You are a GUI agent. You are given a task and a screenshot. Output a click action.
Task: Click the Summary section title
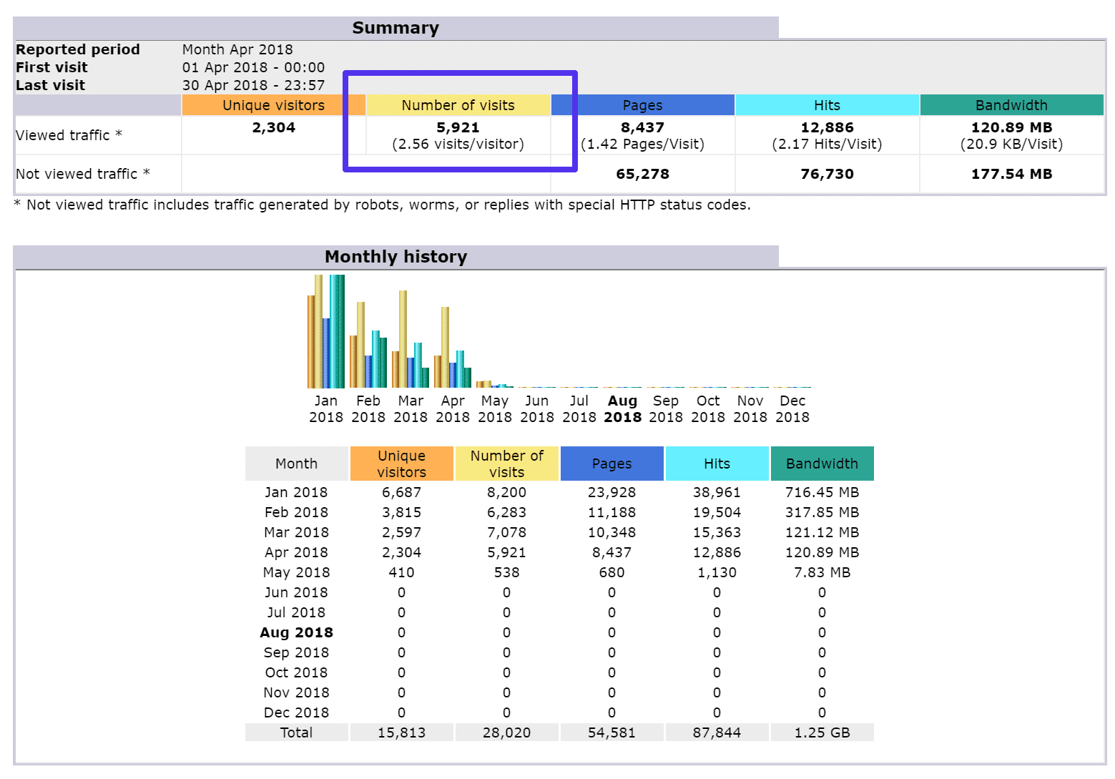click(x=396, y=28)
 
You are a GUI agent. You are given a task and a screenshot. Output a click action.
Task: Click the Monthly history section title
click(x=396, y=257)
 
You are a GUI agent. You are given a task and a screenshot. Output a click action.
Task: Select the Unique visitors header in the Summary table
click(x=273, y=105)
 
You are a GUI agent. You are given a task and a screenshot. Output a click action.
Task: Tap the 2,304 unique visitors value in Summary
click(x=273, y=128)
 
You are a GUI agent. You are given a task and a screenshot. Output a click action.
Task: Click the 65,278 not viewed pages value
click(x=642, y=174)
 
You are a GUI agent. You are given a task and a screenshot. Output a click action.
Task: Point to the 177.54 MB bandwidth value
click(x=1011, y=174)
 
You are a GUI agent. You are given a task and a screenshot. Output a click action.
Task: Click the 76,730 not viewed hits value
click(x=827, y=174)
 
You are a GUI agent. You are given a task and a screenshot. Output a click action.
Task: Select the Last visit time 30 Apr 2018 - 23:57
click(x=253, y=85)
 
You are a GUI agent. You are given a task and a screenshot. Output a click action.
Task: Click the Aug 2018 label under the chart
click(x=622, y=409)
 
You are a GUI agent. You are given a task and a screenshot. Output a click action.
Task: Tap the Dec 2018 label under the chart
click(x=792, y=409)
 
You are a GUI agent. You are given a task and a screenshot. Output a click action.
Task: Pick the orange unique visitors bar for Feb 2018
click(x=353, y=361)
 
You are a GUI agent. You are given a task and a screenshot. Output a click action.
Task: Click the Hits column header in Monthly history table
click(x=717, y=464)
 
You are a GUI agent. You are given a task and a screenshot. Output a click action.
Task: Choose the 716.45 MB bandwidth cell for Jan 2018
click(x=822, y=492)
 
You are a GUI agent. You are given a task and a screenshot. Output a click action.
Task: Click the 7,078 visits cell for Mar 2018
click(x=506, y=532)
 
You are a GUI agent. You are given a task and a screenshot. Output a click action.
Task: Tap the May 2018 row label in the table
click(x=296, y=572)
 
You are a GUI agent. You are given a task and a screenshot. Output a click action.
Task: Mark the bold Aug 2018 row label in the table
click(x=296, y=632)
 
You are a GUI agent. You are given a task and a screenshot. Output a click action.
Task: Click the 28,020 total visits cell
click(x=506, y=733)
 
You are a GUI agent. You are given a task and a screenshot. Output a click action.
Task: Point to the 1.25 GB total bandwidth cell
click(x=822, y=733)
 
